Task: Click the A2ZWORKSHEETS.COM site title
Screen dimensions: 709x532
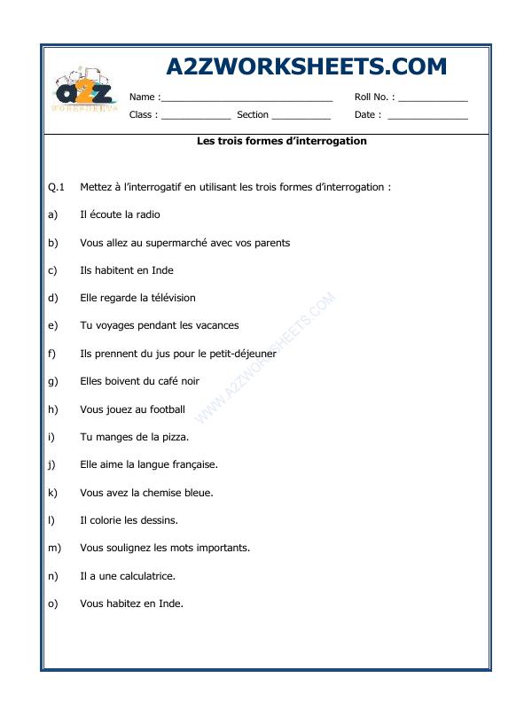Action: point(306,67)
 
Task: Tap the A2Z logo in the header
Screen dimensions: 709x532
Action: point(84,91)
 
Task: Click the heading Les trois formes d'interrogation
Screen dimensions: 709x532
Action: point(281,141)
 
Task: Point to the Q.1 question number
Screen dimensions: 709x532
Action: point(56,187)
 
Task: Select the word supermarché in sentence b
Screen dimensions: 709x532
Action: point(174,243)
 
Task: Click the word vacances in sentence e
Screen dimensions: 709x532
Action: point(217,325)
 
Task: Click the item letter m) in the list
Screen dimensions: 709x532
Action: point(54,548)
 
